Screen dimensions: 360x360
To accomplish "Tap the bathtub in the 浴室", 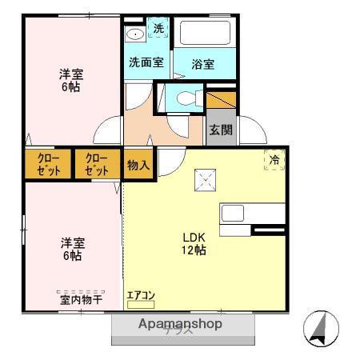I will point(204,34).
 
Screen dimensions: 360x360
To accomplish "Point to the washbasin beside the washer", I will point(134,34).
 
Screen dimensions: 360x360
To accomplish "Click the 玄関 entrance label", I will point(221,130).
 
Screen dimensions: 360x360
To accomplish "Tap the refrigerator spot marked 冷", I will point(274,160).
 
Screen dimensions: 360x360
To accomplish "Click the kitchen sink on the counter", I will point(233,214).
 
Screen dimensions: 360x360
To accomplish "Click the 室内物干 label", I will point(81,300).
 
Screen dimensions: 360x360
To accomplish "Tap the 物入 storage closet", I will point(138,166).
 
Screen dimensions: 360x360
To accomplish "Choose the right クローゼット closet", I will point(97,165).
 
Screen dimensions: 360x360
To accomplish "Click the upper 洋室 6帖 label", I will point(70,81).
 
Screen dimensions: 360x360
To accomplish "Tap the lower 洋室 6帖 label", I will point(70,249).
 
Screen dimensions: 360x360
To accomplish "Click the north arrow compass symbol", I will point(321,328).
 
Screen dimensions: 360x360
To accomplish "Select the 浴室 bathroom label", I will point(203,64).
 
